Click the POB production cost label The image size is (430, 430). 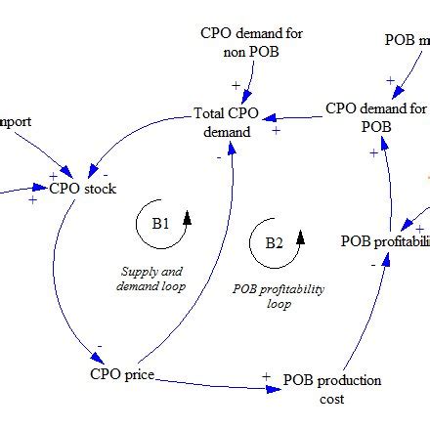[x=332, y=388]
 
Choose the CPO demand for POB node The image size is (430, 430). [x=375, y=116]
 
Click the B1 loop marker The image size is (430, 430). [x=160, y=224]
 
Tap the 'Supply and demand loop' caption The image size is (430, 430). [x=150, y=279]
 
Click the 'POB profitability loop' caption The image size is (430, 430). [x=279, y=296]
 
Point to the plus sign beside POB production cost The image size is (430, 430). [x=266, y=376]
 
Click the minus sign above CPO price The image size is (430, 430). [x=99, y=345]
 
